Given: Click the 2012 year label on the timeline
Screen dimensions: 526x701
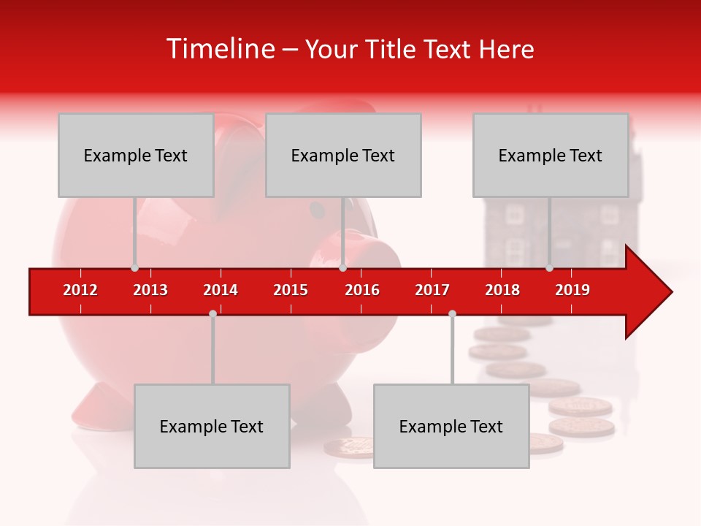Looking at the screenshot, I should pyautogui.click(x=80, y=290).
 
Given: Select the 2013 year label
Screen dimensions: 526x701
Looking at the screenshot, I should pyautogui.click(x=150, y=290).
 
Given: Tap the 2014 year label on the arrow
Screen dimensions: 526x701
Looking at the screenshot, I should pyautogui.click(x=221, y=290).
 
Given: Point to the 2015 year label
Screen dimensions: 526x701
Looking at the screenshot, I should pyautogui.click(x=291, y=290).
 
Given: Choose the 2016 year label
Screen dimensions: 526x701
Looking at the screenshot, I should pyautogui.click(x=362, y=290).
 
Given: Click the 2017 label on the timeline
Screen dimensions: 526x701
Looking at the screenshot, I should pyautogui.click(x=432, y=290).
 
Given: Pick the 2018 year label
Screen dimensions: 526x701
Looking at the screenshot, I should pyautogui.click(x=502, y=290).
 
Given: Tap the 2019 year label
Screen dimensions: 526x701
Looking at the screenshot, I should pyautogui.click(x=572, y=290).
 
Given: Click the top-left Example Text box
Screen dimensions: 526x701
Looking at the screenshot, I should pyautogui.click(x=136, y=155).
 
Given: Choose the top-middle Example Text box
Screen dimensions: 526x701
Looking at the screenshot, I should pyautogui.click(x=343, y=155).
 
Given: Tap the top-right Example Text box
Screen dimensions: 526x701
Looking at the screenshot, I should pyautogui.click(x=551, y=155).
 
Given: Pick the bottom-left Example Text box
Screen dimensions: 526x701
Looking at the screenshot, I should pyautogui.click(x=212, y=426).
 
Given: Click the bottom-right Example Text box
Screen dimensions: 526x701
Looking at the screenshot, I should pyautogui.click(x=451, y=426).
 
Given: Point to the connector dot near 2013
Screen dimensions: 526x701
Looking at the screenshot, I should pyautogui.click(x=134, y=268).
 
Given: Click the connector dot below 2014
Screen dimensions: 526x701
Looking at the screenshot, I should pyautogui.click(x=212, y=313).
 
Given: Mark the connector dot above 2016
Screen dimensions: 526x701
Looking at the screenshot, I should pyautogui.click(x=342, y=268).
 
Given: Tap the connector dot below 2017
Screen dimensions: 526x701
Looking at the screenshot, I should pyautogui.click(x=452, y=313).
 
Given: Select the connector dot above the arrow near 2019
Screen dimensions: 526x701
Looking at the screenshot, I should pyautogui.click(x=549, y=268).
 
